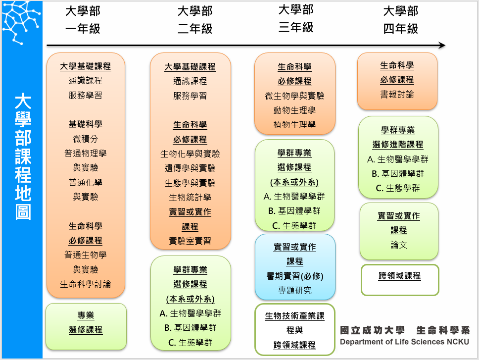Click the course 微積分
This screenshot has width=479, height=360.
pos(85,139)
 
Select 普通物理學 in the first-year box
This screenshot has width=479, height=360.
pos(85,154)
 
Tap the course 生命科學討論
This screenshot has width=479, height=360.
pos(85,284)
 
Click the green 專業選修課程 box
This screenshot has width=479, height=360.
pos(86,323)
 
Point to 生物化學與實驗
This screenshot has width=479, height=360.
pos(190,154)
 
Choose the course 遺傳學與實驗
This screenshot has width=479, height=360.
pos(190,168)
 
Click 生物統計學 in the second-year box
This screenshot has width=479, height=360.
pos(190,198)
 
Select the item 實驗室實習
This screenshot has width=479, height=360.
pos(190,241)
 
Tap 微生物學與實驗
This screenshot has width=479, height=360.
pos(294,96)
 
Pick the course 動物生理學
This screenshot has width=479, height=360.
pos(294,110)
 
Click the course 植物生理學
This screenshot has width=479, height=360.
pos(294,125)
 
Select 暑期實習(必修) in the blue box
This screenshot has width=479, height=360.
pos(294,276)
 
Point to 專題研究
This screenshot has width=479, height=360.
pos(294,290)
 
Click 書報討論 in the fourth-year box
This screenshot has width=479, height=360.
pos(397,94)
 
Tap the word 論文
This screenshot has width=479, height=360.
pos(399,245)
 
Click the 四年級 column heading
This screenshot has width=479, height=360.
pos(400,29)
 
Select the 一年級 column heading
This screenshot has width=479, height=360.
pos(83,29)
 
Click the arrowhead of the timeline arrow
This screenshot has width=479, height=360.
pos(442,46)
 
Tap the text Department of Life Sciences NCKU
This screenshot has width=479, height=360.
pos(404,342)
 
